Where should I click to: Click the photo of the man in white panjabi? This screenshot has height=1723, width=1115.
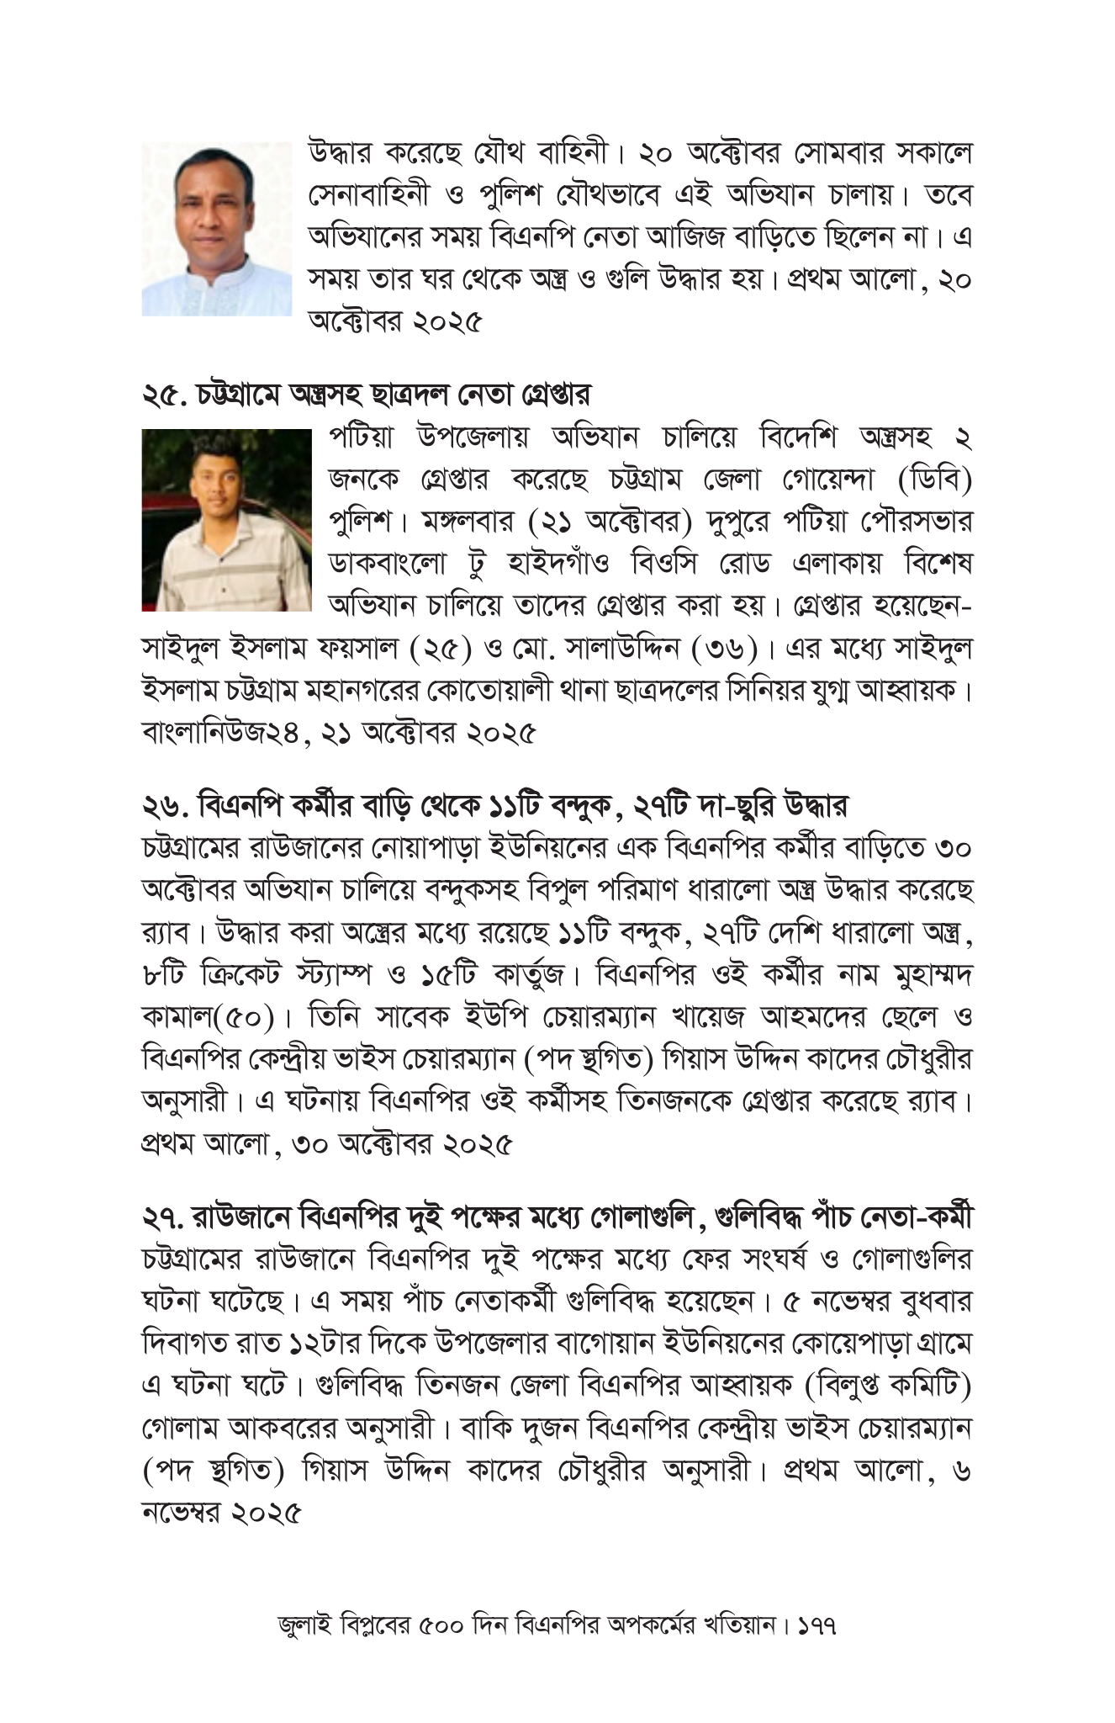(x=216, y=229)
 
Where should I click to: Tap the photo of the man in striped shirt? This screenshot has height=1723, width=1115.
(x=226, y=519)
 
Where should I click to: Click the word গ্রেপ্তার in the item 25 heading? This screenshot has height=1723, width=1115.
(x=554, y=394)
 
